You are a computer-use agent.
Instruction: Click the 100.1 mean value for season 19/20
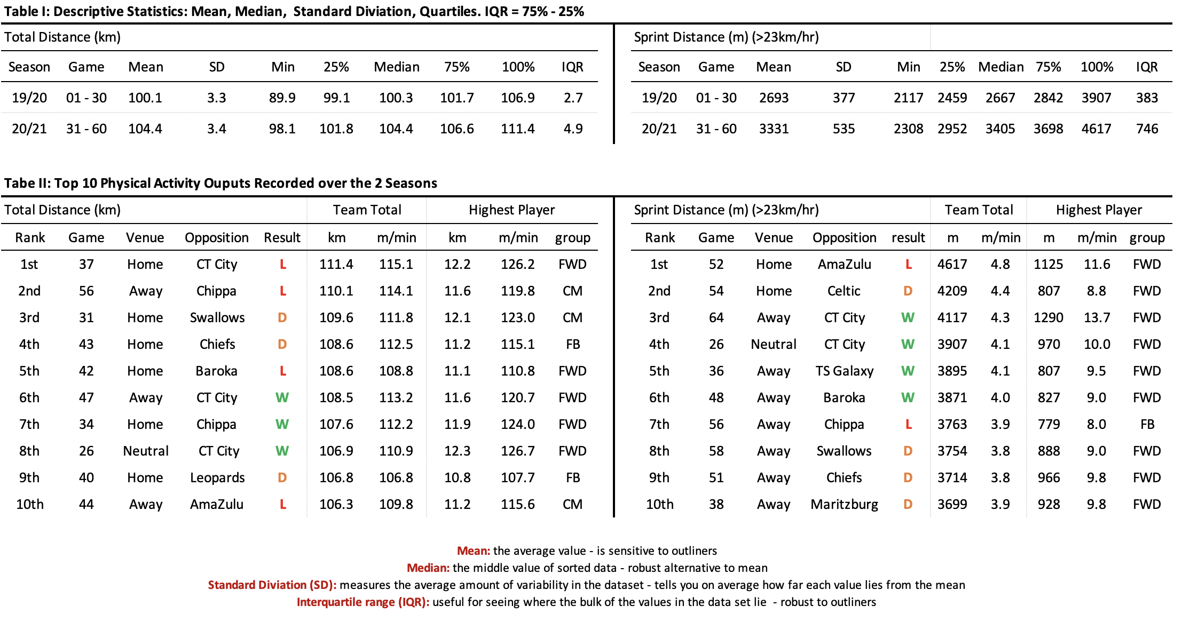point(145,98)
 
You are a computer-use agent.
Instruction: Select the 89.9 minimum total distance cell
point(282,98)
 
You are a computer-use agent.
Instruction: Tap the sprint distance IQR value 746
point(1147,129)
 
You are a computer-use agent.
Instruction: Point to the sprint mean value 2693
point(774,98)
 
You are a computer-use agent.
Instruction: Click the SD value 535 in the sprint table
point(844,129)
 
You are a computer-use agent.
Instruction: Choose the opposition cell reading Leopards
point(217,478)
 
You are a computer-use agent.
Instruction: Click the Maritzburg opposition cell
point(844,505)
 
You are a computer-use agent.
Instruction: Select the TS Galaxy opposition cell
point(844,371)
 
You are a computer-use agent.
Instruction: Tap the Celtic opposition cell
point(844,291)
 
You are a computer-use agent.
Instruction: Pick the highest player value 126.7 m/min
point(517,451)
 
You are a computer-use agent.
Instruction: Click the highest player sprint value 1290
point(1048,318)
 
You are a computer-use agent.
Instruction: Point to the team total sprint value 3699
point(952,505)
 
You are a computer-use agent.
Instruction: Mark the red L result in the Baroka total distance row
point(283,371)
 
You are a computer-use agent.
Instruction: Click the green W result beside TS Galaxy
point(908,371)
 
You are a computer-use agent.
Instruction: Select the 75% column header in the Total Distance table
point(456,67)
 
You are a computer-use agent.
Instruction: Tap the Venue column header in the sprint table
point(774,238)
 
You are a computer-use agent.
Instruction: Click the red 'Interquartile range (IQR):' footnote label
point(363,602)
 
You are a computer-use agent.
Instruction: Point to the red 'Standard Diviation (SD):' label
point(272,585)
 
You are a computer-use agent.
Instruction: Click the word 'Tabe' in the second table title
point(18,184)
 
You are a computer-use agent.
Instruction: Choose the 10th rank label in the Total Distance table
point(30,505)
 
